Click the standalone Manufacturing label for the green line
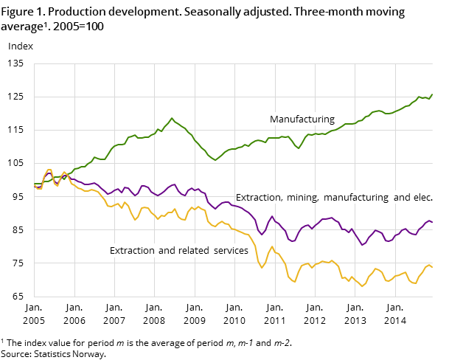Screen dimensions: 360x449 tap(302, 120)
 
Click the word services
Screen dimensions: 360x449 tap(231, 251)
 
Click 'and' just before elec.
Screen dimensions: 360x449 tap(401, 198)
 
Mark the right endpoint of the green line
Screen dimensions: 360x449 tap(432, 94)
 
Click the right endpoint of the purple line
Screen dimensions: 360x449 tap(432, 221)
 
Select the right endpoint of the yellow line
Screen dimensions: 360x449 tap(432, 267)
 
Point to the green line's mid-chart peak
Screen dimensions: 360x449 tap(172, 118)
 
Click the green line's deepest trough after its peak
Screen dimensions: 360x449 tap(215, 160)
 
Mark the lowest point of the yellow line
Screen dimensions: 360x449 tap(362, 286)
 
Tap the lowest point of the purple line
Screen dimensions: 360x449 tap(362, 245)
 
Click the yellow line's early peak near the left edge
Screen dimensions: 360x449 tap(49, 170)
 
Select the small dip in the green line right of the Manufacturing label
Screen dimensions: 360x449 tap(299, 148)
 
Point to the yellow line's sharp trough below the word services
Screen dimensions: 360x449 tap(262, 267)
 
